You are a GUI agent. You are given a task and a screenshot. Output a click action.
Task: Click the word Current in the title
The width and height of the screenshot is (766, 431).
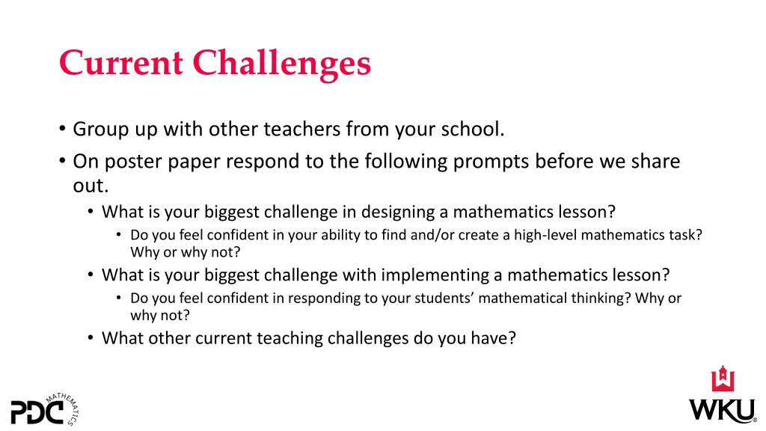click(x=120, y=63)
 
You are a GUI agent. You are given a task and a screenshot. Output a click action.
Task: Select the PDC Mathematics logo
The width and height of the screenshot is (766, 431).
click(x=45, y=408)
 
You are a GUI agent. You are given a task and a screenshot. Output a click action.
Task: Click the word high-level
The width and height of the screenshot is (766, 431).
click(x=542, y=235)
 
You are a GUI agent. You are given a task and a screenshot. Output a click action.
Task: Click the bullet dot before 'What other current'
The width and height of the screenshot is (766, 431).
click(x=90, y=338)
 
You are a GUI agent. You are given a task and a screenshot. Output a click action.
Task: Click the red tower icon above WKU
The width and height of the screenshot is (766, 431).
click(x=723, y=379)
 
